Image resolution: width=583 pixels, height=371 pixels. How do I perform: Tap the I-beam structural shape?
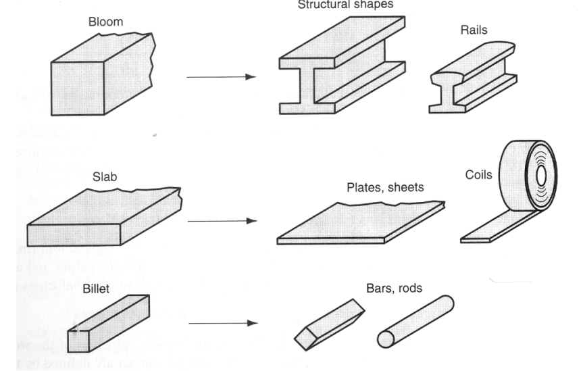[x=341, y=74]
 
